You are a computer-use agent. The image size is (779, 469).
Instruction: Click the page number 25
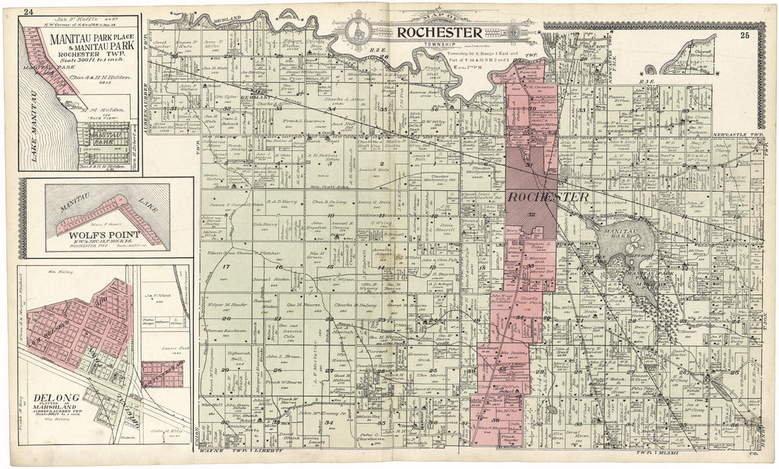(745, 35)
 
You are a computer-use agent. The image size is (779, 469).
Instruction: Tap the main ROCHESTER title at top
(439, 32)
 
